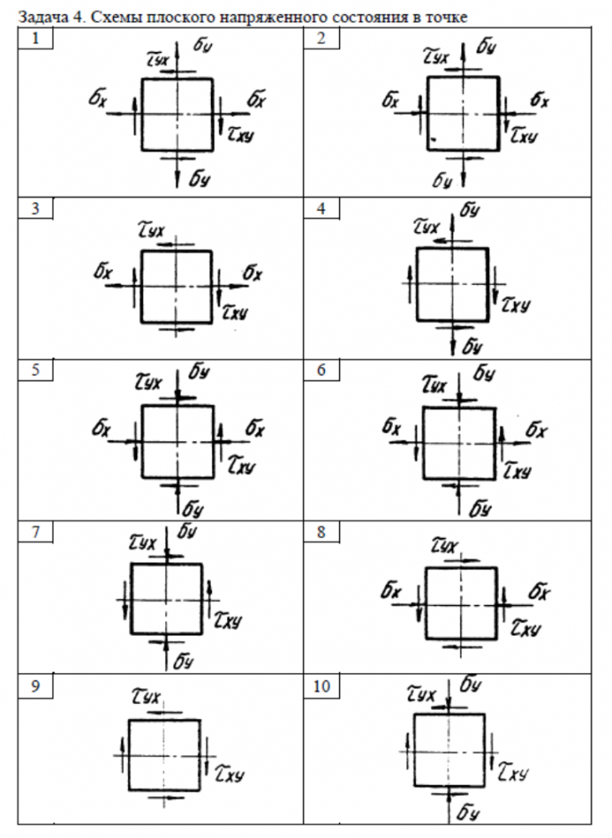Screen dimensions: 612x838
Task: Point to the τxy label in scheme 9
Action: click(x=231, y=772)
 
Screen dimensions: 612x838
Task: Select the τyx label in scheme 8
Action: click(x=445, y=546)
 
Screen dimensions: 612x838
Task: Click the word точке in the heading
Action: click(x=445, y=16)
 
